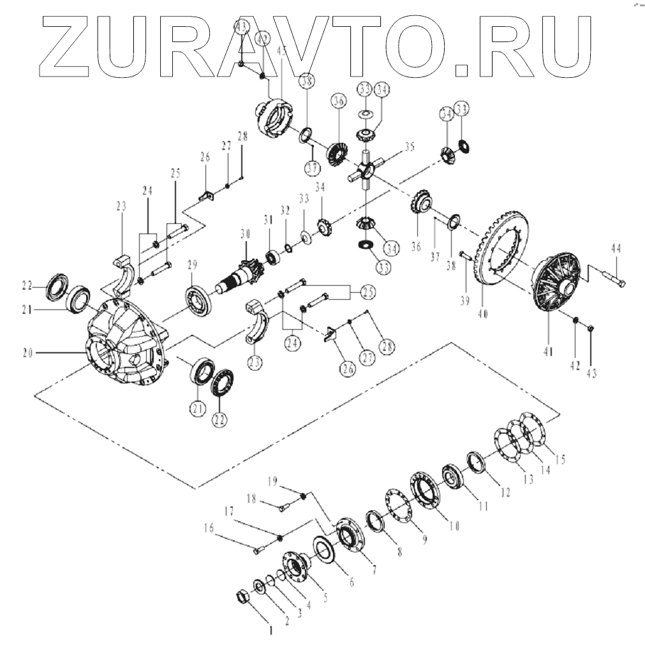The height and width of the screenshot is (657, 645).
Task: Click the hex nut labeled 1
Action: pyautogui.click(x=242, y=596)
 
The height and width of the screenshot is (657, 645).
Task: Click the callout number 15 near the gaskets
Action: pyautogui.click(x=560, y=458)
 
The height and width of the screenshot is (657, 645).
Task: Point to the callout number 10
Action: pyautogui.click(x=454, y=525)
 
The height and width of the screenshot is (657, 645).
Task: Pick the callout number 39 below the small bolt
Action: pyautogui.click(x=465, y=300)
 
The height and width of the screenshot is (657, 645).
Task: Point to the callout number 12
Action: pyautogui.click(x=505, y=492)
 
